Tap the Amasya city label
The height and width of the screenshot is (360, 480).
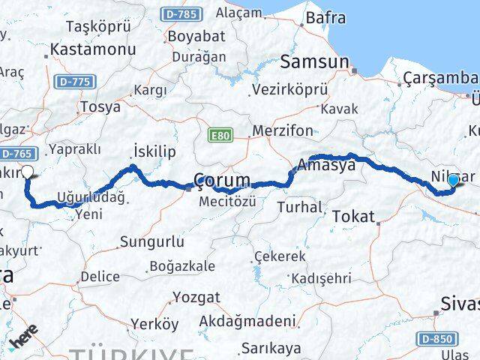[x=325, y=166]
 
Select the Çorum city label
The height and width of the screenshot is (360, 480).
[x=222, y=181]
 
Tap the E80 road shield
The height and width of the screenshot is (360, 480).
[x=220, y=136]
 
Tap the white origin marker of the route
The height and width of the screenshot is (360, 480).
[x=28, y=172]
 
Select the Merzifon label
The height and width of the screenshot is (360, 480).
[x=283, y=130]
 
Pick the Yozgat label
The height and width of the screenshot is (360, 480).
[x=196, y=297]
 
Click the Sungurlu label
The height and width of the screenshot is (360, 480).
[x=152, y=242]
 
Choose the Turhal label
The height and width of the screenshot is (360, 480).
[x=298, y=206]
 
